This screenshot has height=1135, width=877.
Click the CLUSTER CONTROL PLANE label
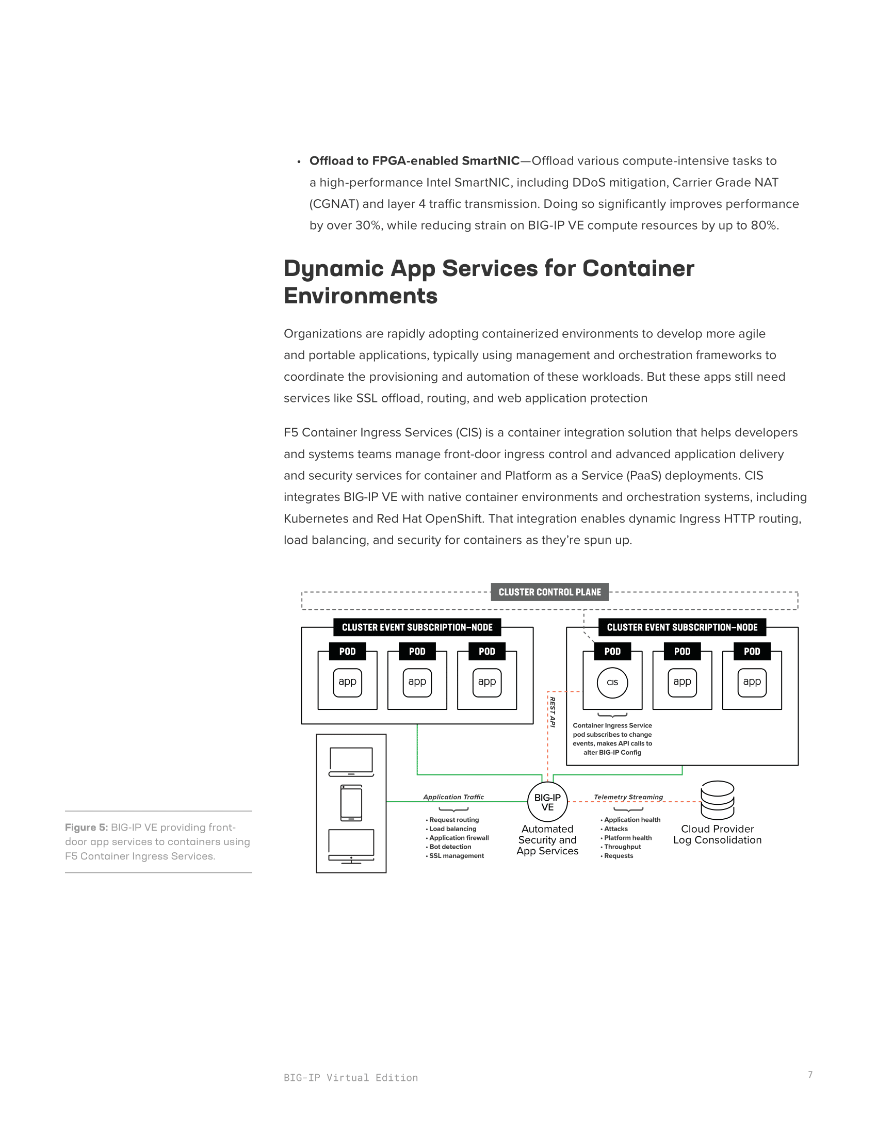pos(550,592)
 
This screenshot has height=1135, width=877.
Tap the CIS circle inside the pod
pos(612,683)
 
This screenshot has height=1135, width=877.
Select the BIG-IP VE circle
pos(547,802)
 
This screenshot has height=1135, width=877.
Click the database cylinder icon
pos(718,800)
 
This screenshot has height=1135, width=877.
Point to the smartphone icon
pos(351,803)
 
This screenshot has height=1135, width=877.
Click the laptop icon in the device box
pos(351,762)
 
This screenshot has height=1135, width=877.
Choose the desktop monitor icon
pos(351,847)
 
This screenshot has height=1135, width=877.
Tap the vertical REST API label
pos(553,712)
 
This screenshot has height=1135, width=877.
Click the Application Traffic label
pos(453,797)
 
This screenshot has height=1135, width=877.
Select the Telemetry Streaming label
pos(629,797)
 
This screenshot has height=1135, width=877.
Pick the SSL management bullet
pos(454,855)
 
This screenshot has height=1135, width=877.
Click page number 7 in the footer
pos(810,1075)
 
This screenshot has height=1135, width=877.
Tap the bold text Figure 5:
pos(86,828)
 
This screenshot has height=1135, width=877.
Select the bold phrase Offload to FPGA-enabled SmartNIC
pos(415,161)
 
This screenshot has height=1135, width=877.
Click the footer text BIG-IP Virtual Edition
pos(351,1078)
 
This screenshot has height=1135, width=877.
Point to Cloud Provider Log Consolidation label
pos(718,835)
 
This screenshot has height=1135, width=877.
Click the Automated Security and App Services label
pos(547,840)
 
